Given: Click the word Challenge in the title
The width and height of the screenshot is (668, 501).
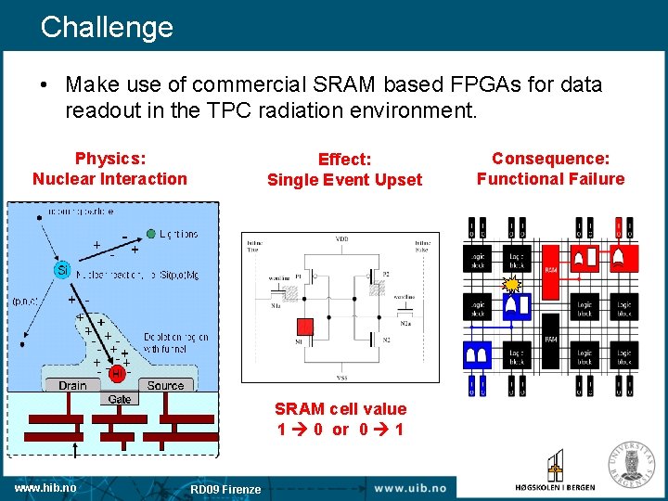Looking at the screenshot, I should coord(107,26).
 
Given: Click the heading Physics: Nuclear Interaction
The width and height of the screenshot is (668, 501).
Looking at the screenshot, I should coord(109,169).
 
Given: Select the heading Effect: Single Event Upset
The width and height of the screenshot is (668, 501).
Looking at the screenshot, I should coord(344,170).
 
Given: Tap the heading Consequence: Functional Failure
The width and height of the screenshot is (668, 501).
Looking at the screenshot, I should coord(550,169).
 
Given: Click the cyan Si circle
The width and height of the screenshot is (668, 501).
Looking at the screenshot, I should coord(62,269).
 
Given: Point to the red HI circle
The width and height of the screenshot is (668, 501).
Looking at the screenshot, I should coord(117,373).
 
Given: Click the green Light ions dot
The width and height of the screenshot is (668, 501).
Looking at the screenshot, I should coord(150,234).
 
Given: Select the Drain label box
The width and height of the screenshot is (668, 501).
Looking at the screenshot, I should coord(72,385).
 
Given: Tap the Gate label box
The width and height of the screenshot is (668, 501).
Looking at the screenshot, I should coord(120,399).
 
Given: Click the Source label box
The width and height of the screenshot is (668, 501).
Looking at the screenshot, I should coord(165,385).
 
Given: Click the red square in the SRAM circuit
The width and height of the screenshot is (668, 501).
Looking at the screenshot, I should coord(303,327).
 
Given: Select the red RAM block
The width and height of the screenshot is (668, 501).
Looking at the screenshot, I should coord(550,270).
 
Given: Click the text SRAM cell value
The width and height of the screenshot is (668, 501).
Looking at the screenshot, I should coord(340,408).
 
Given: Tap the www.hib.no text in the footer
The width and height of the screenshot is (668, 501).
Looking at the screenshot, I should coord(45,487).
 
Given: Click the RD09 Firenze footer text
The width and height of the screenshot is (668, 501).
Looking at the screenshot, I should coord(225,489).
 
